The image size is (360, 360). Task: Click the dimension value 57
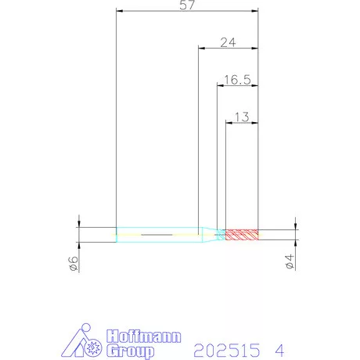click(187, 5)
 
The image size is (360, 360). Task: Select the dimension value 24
click(228, 42)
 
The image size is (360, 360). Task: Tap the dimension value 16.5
click(237, 80)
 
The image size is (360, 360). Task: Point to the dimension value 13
click(242, 117)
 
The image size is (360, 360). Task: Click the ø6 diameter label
click(74, 263)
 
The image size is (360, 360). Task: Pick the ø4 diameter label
click(290, 261)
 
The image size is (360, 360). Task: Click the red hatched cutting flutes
click(242, 235)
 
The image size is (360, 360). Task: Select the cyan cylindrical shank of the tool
click(159, 235)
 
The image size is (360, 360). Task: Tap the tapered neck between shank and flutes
click(210, 235)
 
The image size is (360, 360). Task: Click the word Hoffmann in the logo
click(144, 337)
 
